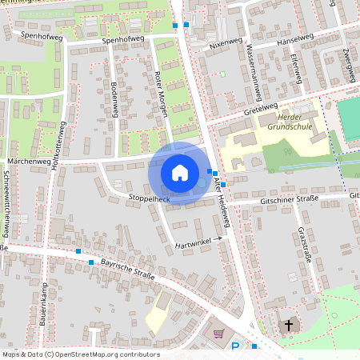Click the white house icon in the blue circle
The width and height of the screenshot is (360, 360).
180,173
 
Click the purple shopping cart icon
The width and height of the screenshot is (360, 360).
218,333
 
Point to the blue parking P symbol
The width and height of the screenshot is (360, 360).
234,346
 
